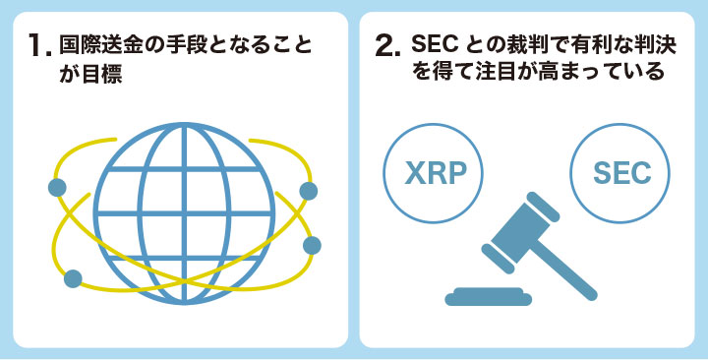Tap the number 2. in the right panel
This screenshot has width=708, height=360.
point(388,46)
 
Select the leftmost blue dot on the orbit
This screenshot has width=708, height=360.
point(57,187)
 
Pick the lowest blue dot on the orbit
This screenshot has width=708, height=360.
point(72,278)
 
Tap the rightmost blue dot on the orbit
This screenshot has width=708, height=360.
point(312,244)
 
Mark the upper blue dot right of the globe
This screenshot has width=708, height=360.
point(308,190)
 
